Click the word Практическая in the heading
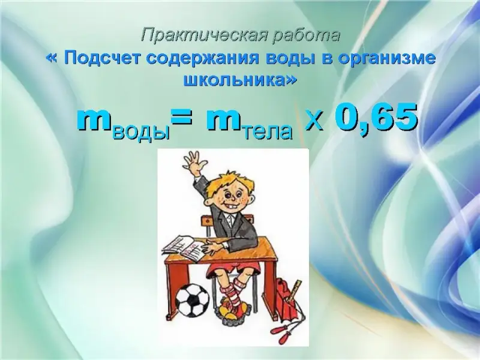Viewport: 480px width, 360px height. (205, 35)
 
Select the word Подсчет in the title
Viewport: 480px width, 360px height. (103, 58)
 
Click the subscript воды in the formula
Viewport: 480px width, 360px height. (142, 132)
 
